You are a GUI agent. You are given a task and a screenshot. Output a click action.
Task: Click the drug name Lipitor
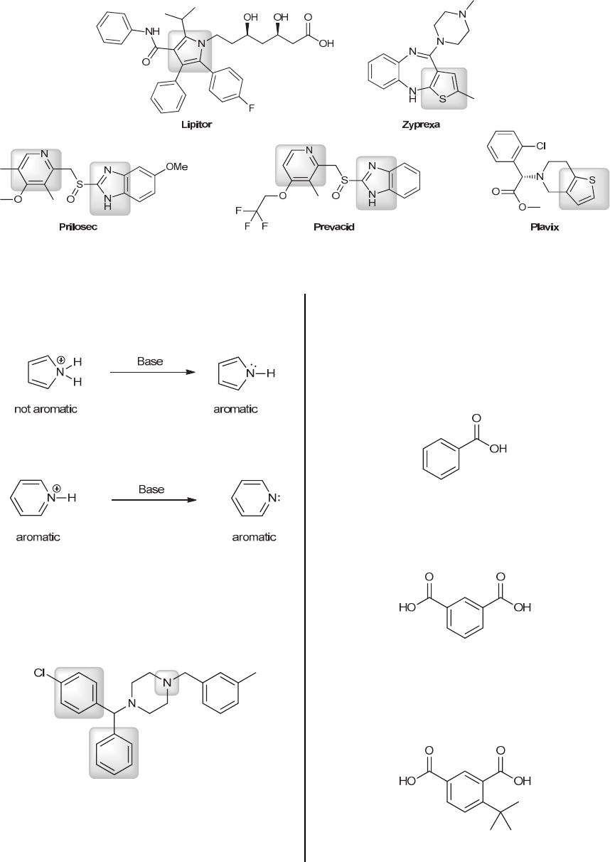point(196,124)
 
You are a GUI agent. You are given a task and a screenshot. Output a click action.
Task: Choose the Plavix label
point(544,228)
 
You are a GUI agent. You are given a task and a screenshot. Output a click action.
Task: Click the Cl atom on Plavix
point(540,145)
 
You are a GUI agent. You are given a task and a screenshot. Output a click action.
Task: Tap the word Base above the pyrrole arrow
point(150,361)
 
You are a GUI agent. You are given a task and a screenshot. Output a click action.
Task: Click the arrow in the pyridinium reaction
point(153,500)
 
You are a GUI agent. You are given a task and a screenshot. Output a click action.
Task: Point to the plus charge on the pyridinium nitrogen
point(56,488)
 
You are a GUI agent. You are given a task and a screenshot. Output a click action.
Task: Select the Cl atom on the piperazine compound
point(40,672)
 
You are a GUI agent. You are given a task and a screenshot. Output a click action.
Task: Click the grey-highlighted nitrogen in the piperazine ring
point(166,683)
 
